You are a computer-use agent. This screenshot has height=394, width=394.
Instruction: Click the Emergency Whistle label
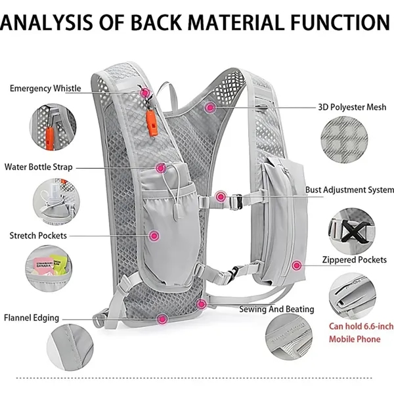[45, 89]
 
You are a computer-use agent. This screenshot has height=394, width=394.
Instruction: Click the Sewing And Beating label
[276, 309]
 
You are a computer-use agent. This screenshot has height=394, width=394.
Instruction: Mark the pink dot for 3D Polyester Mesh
[210, 106]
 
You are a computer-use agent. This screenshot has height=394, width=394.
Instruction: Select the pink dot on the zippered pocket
[296, 266]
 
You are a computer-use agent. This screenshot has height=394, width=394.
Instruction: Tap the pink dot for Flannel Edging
[162, 318]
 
